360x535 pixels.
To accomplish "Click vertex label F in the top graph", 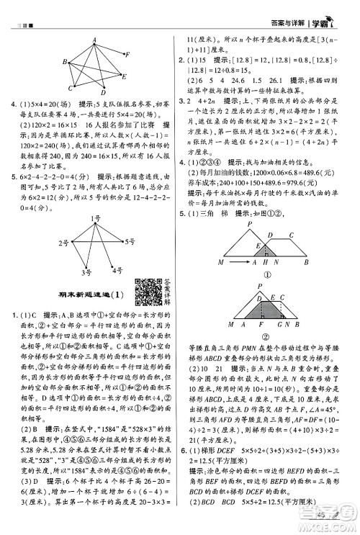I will tap(128, 54).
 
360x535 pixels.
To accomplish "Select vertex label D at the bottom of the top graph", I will tap(104, 93).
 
